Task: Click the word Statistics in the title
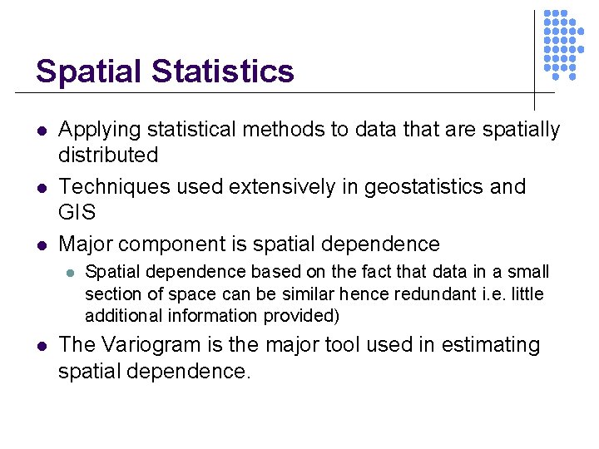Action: [222, 72]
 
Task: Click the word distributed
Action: [108, 155]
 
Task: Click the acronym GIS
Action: [77, 211]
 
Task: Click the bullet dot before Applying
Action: [42, 131]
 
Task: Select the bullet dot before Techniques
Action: [42, 188]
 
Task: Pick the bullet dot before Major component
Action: [42, 245]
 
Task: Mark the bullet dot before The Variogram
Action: [42, 346]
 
